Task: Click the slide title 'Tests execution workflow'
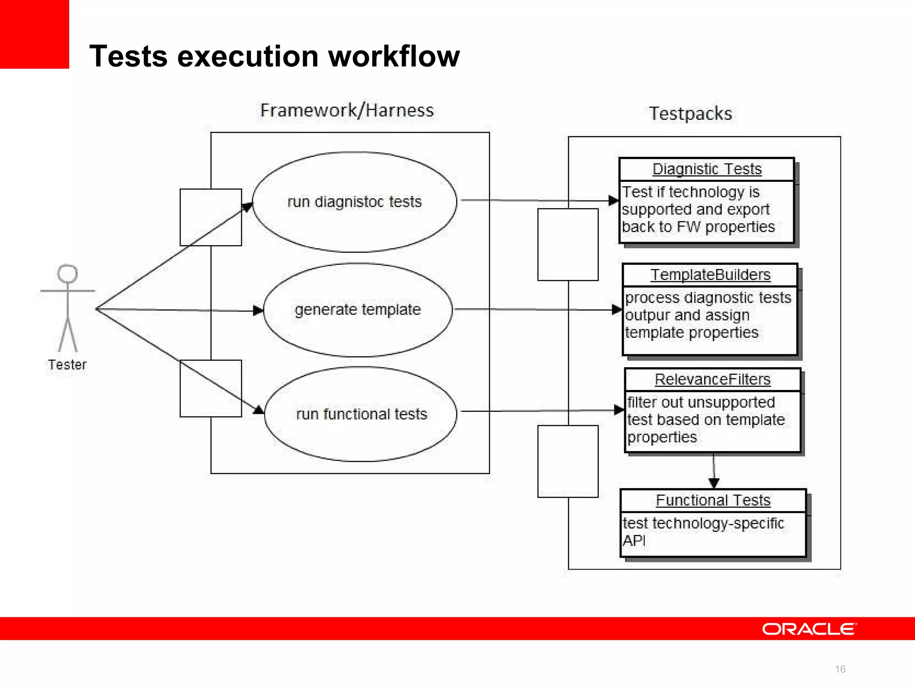coord(274,57)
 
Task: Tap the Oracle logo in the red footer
coord(809,629)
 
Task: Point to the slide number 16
coord(840,669)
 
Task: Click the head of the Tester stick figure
coord(67,273)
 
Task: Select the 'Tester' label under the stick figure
coord(67,365)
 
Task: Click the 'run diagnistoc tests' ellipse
coord(354,202)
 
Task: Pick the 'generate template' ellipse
coord(357,310)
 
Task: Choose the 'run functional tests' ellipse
coord(361,414)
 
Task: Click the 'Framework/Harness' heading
coord(347,110)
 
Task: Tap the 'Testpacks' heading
coord(690,113)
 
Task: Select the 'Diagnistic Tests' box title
coord(707,169)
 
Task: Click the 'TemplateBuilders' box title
coord(710,275)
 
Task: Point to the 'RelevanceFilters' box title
coord(713,380)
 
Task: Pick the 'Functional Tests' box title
coord(713,500)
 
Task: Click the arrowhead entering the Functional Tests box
coord(714,483)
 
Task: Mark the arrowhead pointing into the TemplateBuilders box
coord(617,310)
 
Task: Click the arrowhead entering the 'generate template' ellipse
coord(258,310)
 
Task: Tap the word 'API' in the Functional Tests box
coord(634,541)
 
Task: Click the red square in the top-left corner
coord(34,34)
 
